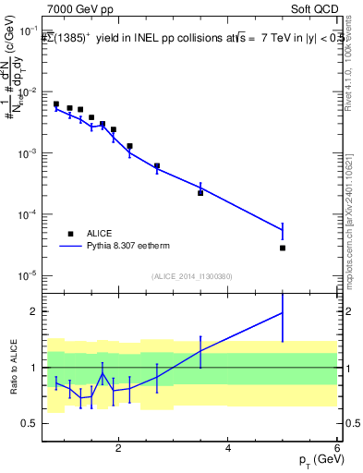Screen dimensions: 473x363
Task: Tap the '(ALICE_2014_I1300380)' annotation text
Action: coord(191,276)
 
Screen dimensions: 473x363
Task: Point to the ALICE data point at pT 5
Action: coord(283,248)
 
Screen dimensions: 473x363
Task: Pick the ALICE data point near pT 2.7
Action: coord(157,166)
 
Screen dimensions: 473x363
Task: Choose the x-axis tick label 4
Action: coord(228,449)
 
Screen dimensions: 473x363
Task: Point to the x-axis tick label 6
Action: coord(337,449)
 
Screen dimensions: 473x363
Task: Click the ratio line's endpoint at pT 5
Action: coord(283,312)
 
